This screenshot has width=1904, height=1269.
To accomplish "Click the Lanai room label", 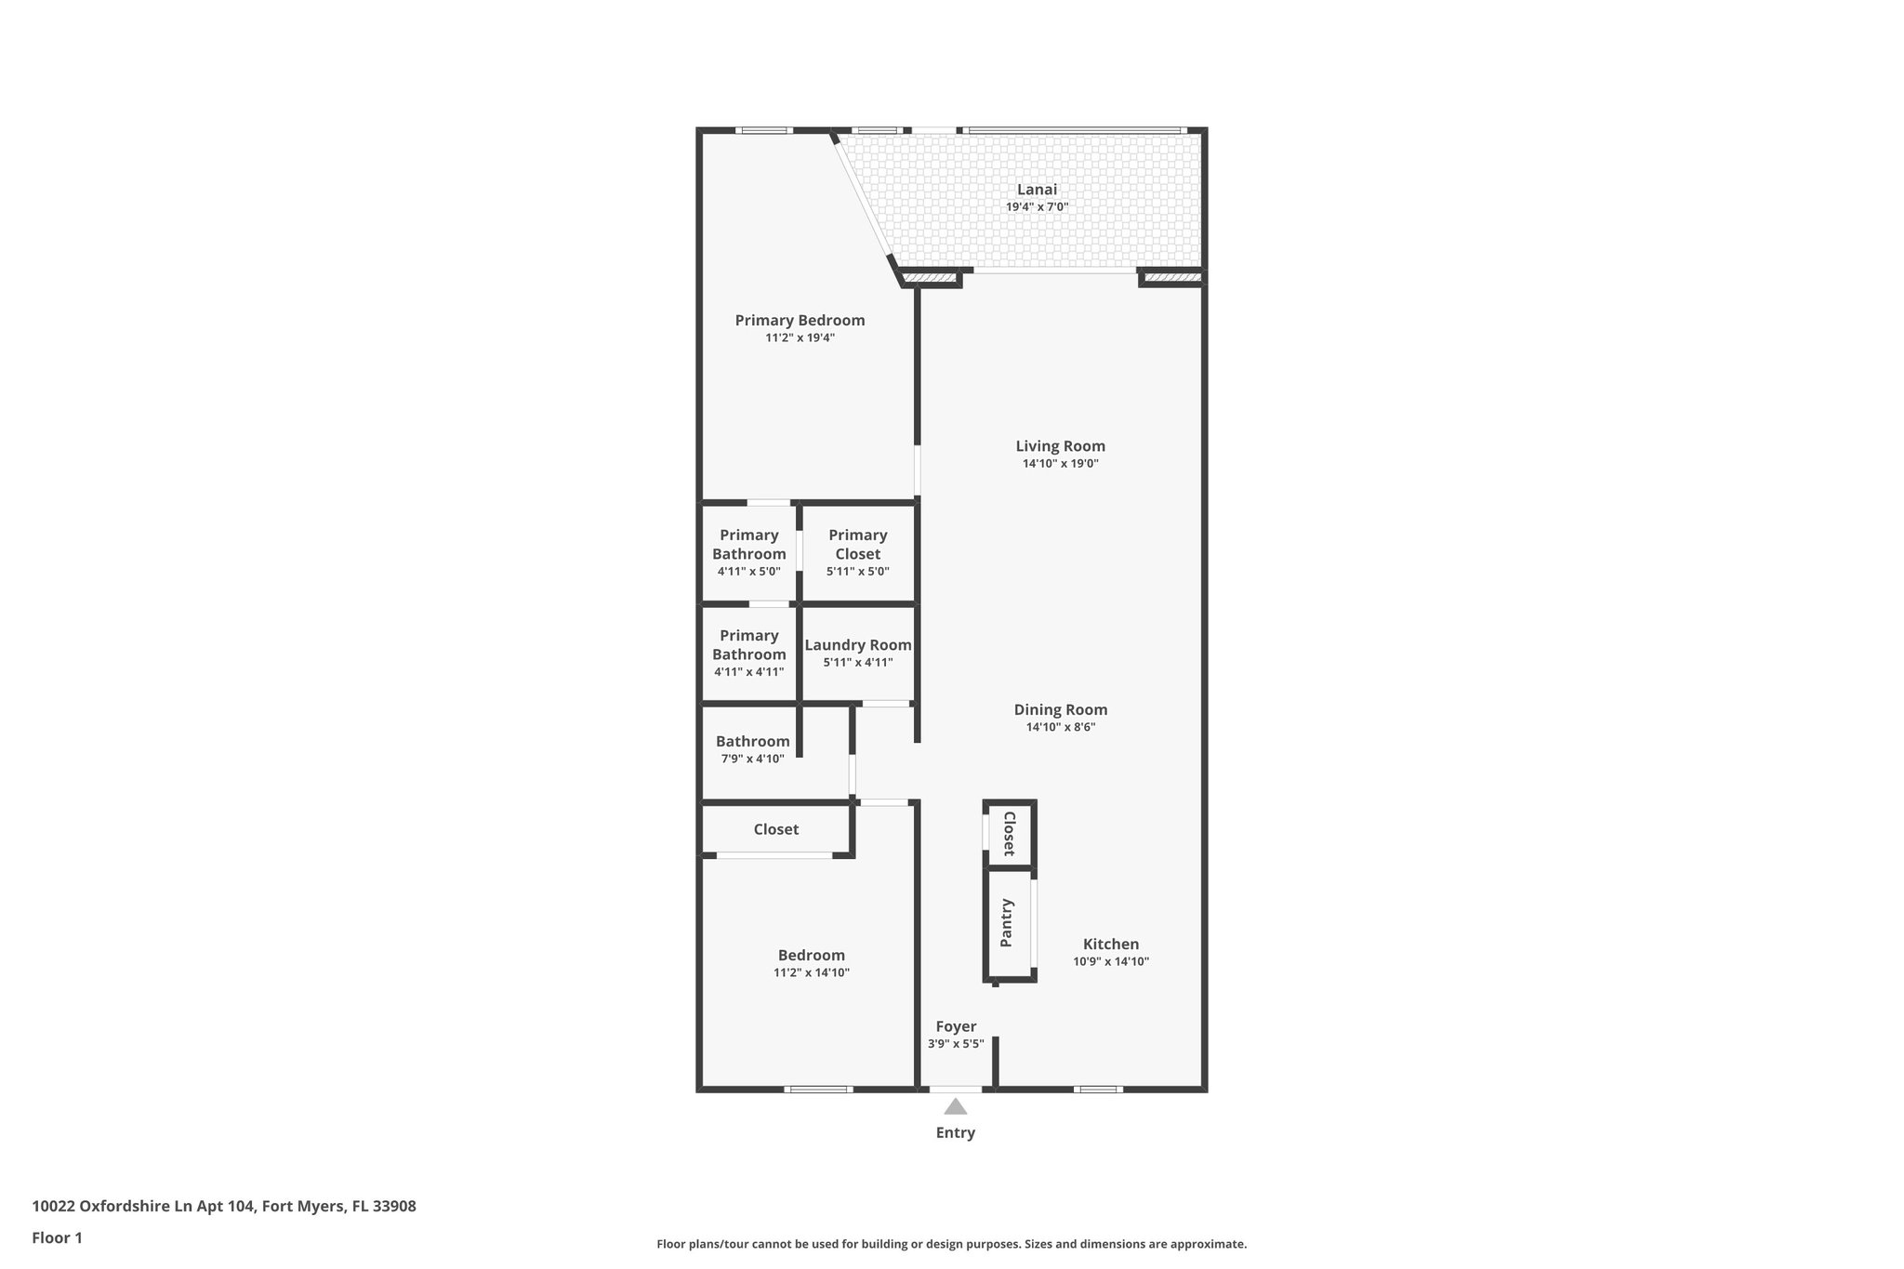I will coord(1037,190).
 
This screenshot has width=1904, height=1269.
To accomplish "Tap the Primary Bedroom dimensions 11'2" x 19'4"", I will coord(800,338).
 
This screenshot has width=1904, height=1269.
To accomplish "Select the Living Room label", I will coord(1060,446).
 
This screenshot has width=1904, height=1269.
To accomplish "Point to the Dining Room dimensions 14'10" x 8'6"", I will coord(1060,727).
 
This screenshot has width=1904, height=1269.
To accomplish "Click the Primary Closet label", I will coord(857,544).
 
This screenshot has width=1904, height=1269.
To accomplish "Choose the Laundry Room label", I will coord(857,645).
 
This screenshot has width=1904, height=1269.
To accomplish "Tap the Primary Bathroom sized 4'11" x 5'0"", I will coord(748,552).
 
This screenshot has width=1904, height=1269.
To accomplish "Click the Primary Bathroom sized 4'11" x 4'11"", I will coord(748,653).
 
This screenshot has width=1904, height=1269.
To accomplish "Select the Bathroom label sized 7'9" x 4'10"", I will coord(752,742).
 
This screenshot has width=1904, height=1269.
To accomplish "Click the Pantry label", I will coord(1007,922).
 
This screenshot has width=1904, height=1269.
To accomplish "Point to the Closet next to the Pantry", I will coord(1009,834).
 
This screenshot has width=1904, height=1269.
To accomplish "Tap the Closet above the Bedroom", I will coord(775,829).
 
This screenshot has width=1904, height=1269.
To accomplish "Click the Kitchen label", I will coord(1110,945).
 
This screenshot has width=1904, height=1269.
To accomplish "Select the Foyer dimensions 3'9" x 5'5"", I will coord(955,1044).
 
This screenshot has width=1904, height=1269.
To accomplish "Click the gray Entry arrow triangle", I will coord(955,1107).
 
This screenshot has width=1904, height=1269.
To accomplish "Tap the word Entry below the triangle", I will coord(955,1132).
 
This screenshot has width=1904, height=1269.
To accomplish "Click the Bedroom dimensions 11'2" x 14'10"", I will coord(811,973).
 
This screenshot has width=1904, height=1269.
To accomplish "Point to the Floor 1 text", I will coord(57,1238).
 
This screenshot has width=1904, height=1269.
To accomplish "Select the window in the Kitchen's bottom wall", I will coord(1097,1089).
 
